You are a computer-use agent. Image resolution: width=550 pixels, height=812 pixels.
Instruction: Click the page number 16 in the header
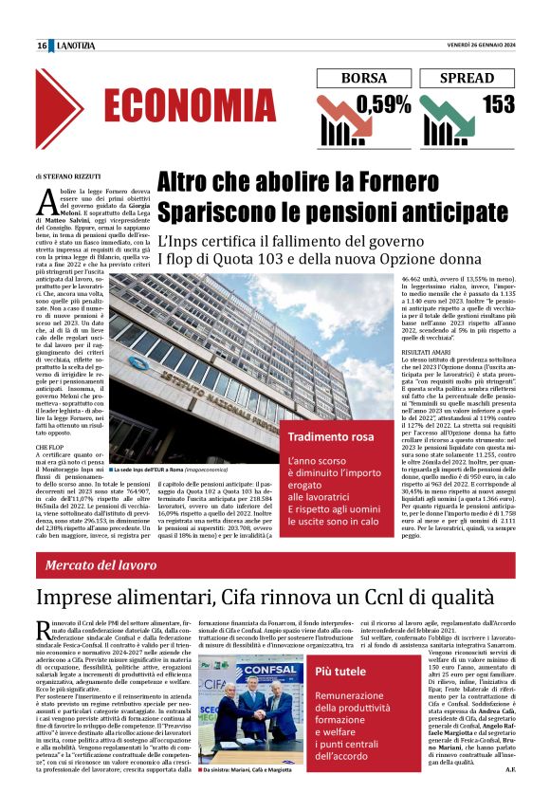click(x=42, y=46)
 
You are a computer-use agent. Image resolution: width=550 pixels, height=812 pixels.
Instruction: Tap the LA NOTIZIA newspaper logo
click(x=73, y=46)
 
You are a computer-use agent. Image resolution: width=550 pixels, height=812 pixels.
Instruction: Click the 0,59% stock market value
click(x=384, y=105)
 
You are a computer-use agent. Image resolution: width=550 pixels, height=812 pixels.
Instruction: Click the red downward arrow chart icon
click(x=335, y=119)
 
